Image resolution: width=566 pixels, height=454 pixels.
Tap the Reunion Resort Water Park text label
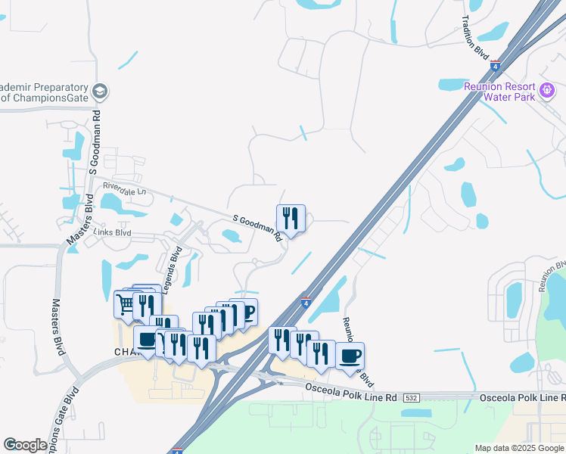pos(499,92)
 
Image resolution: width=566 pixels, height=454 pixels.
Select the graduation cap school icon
pos(99,92)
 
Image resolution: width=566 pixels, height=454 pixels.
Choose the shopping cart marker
pos(125,303)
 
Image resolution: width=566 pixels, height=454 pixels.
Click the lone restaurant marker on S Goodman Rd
pos(291,219)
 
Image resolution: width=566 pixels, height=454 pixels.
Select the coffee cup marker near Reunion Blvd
pos(350,356)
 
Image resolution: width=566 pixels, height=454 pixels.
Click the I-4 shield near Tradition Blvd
pos(495,67)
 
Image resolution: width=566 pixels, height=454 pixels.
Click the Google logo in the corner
pos(24,445)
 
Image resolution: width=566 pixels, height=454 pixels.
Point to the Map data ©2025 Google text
pos(518,448)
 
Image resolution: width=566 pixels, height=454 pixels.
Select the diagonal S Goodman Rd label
pos(258,228)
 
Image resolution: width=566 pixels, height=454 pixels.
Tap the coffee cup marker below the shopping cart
pos(146,340)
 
